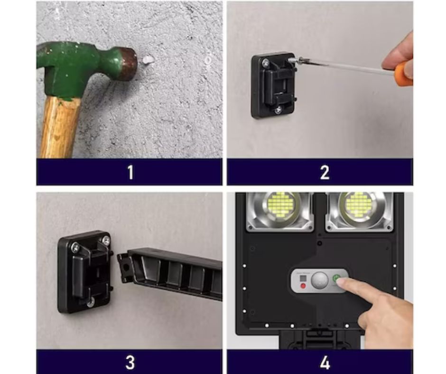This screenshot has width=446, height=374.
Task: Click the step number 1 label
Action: click(130, 172)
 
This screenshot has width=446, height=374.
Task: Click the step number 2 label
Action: click(325, 172)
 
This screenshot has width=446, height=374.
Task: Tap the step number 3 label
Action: click(130, 362)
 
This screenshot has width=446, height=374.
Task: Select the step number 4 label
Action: click(325, 362)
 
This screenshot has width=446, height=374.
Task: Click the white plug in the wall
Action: click(148, 60)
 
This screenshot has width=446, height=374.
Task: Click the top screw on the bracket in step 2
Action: click(267, 62)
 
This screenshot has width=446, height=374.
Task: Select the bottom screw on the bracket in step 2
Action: click(278, 109)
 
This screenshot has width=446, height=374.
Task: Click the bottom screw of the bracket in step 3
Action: click(91, 302)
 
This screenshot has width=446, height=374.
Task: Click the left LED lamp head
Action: click(280, 210)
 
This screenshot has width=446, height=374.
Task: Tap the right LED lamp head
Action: click(360, 210)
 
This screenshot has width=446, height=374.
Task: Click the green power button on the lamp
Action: click(337, 278)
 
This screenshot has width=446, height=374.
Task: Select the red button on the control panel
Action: click(303, 286)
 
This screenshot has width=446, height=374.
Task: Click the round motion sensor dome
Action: click(320, 280)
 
